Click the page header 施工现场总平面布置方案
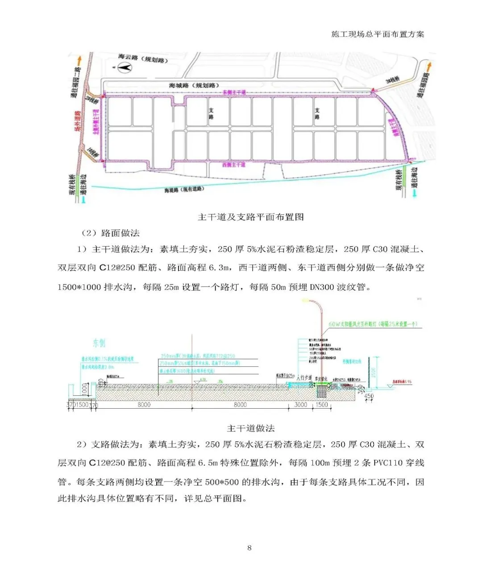378,34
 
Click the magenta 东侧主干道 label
234,92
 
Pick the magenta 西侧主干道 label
233,165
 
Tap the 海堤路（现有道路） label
183,189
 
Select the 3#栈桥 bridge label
392,82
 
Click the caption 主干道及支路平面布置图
250,217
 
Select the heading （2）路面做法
110,233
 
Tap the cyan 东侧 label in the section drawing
99,343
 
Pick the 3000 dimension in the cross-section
300,405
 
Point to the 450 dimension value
369,397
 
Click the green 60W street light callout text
373,324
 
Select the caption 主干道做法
250,428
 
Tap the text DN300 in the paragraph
321,287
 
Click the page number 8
249,548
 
